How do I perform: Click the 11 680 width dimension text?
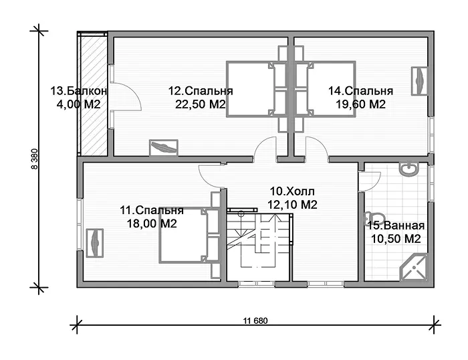(255, 321)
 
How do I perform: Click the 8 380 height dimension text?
(35, 159)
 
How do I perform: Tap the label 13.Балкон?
(78, 91)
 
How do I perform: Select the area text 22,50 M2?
(200, 104)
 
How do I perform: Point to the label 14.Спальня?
(361, 91)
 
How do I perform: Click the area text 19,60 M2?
(361, 104)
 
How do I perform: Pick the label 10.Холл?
(292, 191)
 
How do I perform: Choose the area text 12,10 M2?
(292, 205)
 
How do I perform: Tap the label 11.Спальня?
(152, 210)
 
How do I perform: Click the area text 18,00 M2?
(152, 223)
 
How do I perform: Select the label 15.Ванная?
(396, 226)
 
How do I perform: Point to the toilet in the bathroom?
(374, 218)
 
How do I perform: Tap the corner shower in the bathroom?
(414, 268)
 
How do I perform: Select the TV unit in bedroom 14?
(420, 81)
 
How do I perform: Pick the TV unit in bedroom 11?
(95, 243)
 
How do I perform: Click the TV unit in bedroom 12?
(164, 148)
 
